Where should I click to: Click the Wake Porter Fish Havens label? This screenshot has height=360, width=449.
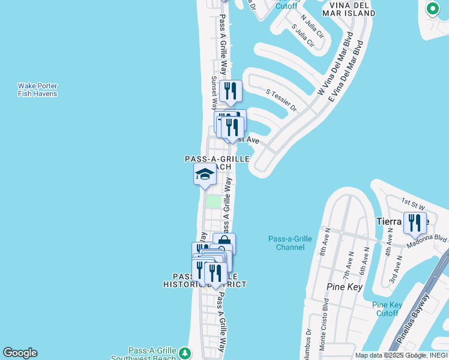click(37, 90)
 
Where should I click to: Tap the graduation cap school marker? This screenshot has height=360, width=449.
click(205, 175)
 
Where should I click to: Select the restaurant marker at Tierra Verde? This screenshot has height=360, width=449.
click(415, 223)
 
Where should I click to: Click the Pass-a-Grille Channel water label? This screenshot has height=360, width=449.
click(290, 243)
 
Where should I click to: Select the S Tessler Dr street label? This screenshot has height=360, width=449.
click(282, 100)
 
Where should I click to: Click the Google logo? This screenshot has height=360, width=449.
click(20, 353)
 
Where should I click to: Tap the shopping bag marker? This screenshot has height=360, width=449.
click(224, 244)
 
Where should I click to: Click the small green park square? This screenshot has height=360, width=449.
click(213, 201)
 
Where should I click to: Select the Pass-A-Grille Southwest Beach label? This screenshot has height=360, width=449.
click(152, 354)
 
